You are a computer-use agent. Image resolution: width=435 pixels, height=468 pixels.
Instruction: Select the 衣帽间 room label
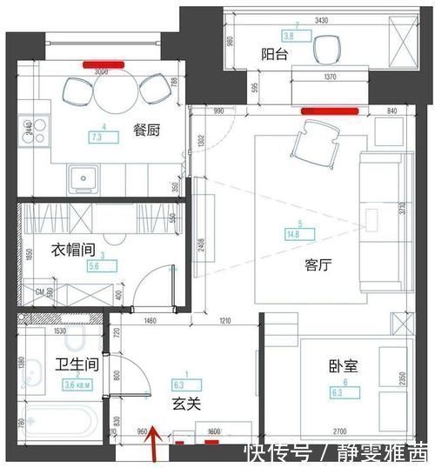pos(71,251)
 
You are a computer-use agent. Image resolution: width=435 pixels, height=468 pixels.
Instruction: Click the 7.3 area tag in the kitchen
pos(97,137)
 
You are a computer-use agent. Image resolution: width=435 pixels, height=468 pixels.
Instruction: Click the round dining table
pos(116,95)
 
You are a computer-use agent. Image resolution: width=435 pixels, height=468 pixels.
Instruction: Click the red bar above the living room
pos(328,110)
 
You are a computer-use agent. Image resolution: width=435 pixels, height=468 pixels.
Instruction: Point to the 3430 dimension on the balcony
pos(297,19)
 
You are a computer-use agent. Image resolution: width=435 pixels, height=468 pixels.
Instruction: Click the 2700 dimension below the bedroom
pos(342,431)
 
